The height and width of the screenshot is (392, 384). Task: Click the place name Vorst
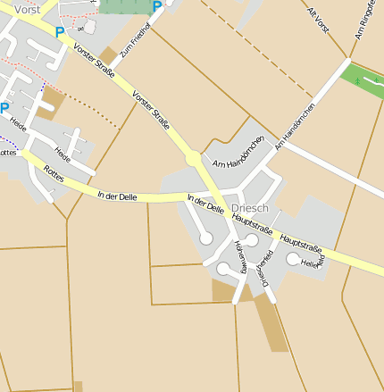[27, 8]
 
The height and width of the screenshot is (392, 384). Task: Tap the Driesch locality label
[249, 207]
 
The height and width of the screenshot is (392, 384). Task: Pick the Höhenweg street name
[240, 255]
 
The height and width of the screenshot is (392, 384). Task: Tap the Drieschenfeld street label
[263, 269]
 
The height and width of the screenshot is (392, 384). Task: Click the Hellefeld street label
[312, 263]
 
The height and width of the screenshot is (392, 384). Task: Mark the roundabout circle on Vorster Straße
[193, 159]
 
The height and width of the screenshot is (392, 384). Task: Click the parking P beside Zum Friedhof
[157, 7]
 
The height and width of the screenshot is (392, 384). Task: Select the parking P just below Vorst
[60, 32]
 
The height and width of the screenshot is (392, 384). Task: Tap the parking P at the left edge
[4, 108]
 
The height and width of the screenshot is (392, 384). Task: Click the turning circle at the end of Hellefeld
[293, 259]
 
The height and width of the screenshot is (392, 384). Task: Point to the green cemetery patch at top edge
[125, 5]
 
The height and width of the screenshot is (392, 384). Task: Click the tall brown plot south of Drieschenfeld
[271, 323]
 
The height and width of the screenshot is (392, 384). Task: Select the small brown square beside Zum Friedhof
[108, 55]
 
